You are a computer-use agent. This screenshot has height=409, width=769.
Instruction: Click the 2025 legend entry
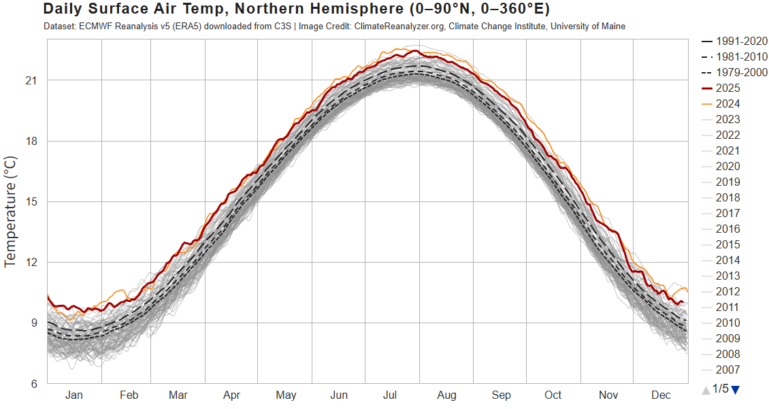pos(727,88)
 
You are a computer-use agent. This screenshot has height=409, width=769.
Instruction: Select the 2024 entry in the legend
pos(727,103)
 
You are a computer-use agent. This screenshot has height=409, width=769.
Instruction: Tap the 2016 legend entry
pos(727,229)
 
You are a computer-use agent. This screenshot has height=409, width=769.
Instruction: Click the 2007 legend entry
pos(727,370)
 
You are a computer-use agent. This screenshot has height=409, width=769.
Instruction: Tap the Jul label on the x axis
pos(390,395)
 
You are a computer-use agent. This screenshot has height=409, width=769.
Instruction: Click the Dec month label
pos(660,395)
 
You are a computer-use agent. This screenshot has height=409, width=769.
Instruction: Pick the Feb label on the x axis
pos(129,395)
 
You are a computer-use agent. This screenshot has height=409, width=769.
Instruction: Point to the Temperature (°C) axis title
pos(12,211)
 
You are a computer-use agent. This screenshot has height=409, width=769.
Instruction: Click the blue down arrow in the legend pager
pos(735,389)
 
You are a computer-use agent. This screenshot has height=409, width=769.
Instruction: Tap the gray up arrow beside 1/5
pos(706,389)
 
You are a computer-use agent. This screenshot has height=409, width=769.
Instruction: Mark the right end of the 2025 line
pos(683,302)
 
